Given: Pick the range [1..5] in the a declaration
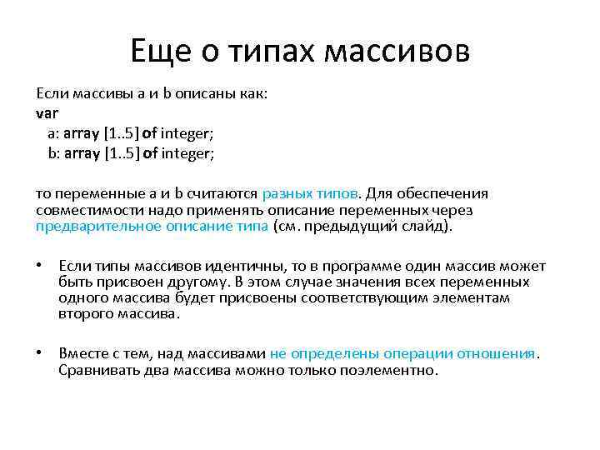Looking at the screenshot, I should pos(122,132).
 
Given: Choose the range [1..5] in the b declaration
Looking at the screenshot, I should pos(122,153).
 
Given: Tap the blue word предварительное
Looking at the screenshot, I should pos(89,226).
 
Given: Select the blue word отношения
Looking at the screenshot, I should pos(499,353).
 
